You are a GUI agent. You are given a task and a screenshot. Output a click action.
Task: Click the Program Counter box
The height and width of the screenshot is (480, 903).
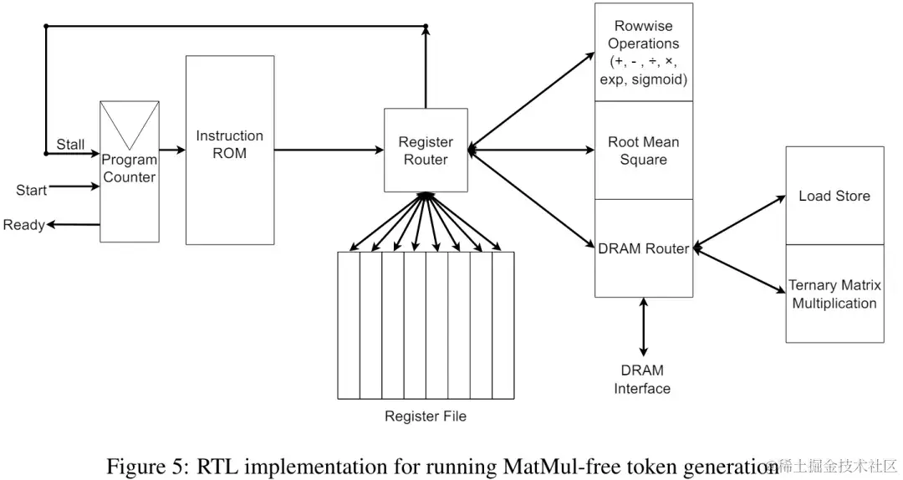[x=130, y=192]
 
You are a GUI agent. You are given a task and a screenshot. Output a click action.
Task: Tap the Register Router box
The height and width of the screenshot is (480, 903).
[x=426, y=151]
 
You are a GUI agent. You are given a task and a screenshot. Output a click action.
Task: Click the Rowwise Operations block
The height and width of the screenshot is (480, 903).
[x=643, y=53]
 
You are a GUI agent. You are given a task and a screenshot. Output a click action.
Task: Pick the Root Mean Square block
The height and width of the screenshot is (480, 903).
[x=643, y=151]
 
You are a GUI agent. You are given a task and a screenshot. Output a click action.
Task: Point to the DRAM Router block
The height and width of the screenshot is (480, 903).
[x=643, y=248]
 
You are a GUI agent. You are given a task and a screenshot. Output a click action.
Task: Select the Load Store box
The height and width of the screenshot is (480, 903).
[x=834, y=196]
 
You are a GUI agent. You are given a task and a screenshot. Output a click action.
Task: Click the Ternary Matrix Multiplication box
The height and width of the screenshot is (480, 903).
[x=834, y=294]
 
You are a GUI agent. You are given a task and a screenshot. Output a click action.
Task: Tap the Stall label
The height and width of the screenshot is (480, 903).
[x=70, y=144]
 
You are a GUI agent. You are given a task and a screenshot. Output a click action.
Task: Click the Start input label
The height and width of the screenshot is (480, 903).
[x=31, y=190]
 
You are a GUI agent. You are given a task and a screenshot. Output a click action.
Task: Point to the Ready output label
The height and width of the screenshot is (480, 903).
[x=23, y=225]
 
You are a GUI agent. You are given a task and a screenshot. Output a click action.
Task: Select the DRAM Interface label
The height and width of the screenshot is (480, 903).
[x=642, y=379]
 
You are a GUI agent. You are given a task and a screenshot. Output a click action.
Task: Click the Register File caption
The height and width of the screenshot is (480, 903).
[x=426, y=416]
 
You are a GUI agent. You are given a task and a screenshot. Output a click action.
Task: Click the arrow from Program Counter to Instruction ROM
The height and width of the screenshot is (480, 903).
[x=172, y=151]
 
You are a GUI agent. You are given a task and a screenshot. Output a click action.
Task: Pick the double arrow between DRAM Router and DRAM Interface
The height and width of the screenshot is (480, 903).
[x=643, y=327]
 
